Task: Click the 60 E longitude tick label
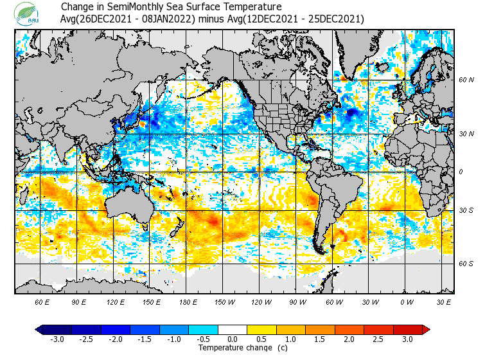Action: pyautogui.click(x=42, y=301)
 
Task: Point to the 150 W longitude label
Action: pyautogui.click(x=224, y=301)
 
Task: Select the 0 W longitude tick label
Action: pyautogui.click(x=405, y=301)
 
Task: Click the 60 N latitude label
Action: pyautogui.click(x=466, y=80)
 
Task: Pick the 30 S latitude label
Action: pyautogui.click(x=466, y=210)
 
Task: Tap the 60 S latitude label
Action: pyautogui.click(x=466, y=264)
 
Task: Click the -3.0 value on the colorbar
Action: pyautogui.click(x=57, y=339)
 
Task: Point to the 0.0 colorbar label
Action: pyautogui.click(x=233, y=339)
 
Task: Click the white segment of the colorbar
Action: pyautogui.click(x=233, y=329)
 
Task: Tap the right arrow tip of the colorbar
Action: pyautogui.click(x=427, y=329)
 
